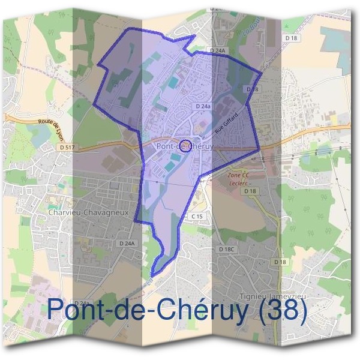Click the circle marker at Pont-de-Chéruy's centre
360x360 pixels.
pos(186,145)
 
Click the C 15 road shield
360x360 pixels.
pos(197,215)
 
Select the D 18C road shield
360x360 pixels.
pos(226,248)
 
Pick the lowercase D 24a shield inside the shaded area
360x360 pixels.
pos(203,106)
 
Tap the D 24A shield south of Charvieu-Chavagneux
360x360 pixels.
pos(127,244)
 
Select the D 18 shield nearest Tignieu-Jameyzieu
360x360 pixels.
pos(280,262)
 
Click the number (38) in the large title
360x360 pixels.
pos(280,310)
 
